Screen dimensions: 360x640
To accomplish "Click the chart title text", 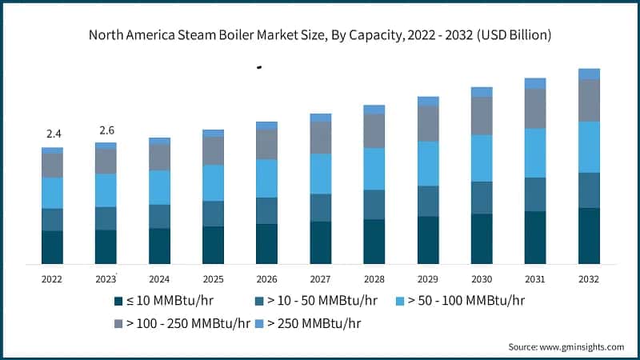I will coord(320,35).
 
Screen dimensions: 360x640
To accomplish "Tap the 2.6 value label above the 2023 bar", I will coord(106,130).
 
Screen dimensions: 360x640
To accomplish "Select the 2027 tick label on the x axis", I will coord(320,279).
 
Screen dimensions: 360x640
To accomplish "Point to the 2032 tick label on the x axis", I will coord(589,279).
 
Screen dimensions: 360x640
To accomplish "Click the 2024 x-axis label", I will coord(159,279).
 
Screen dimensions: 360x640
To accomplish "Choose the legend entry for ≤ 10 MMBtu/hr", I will coord(164,301).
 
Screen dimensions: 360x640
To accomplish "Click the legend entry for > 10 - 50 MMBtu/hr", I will coord(315,301).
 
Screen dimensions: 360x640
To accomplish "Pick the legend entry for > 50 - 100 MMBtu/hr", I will coord(462,301).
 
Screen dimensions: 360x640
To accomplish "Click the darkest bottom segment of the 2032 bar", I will coord(589,236).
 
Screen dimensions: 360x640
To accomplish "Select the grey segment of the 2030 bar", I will coord(482,116).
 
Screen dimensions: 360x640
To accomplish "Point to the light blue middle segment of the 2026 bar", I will coord(266,178).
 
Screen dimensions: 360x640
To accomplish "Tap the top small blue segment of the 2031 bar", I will coord(535,83).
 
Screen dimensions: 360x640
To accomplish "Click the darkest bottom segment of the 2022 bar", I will coord(52,247).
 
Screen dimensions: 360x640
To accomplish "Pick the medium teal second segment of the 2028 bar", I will coord(374,205).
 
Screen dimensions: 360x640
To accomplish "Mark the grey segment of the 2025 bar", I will coord(213,150).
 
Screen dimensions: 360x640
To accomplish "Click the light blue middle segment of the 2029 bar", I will coord(428,163).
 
